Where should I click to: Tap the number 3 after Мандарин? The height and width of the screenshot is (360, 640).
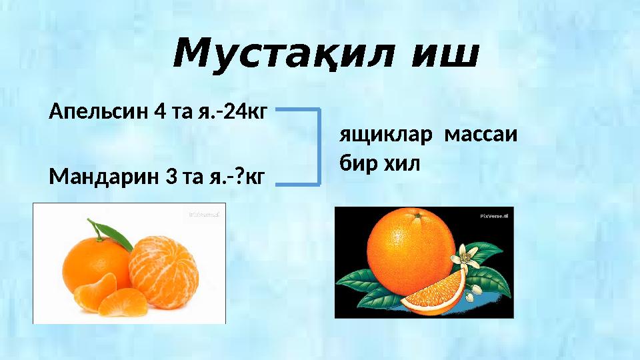click(167, 177)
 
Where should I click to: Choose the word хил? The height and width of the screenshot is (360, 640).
click(400, 163)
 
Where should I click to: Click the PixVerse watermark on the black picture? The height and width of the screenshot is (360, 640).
click(493, 216)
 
